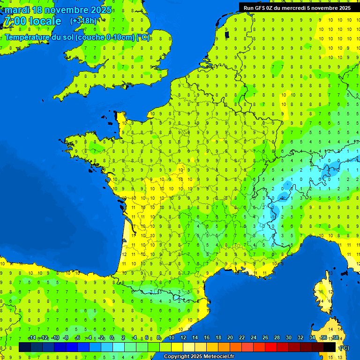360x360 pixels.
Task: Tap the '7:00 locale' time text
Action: pos(32,21)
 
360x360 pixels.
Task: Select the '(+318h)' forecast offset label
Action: pos(83,21)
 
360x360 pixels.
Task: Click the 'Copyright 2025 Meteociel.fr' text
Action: pos(199,357)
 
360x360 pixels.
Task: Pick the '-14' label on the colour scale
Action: pos(32,338)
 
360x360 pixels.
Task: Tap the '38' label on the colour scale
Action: pos(335,338)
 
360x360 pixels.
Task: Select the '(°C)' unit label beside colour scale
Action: pos(344,347)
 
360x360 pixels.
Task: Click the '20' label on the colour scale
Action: pos(230,338)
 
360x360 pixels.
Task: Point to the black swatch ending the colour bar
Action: pos(330,347)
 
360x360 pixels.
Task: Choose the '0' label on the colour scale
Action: pos(112,338)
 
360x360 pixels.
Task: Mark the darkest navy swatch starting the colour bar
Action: pos(25,347)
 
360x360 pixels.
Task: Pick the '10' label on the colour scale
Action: pos(172,338)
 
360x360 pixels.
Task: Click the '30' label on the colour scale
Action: pos(288,338)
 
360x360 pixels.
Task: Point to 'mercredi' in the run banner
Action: pos(293,7)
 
